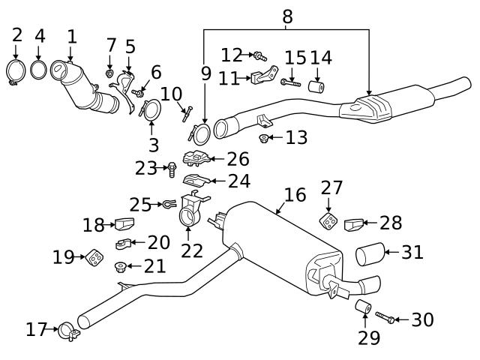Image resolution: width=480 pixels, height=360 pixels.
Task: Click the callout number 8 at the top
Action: pos(287,15)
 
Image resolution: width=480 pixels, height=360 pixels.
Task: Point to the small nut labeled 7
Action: pos(110,74)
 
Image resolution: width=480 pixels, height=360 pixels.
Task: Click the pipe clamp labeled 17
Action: pos(66,328)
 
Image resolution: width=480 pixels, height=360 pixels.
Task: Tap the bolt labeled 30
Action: pos(383,319)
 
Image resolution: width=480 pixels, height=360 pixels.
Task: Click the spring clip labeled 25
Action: pos(168,203)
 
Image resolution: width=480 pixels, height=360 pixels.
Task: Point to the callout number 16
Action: pos(295,196)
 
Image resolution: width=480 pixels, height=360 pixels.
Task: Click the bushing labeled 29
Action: pos(363,307)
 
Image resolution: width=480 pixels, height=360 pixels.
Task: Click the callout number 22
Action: pos(192,250)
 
